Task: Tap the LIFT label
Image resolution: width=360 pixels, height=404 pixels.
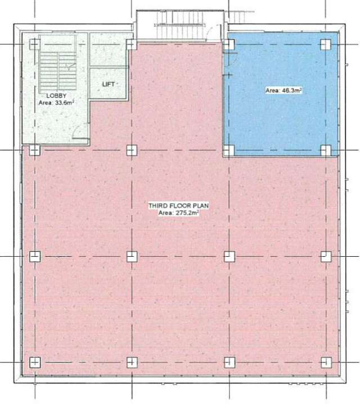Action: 109,84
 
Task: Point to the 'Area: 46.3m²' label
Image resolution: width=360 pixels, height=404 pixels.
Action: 281,89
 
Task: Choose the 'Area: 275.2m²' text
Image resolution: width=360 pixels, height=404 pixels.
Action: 178,214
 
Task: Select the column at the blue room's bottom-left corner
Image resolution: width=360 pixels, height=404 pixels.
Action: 228,149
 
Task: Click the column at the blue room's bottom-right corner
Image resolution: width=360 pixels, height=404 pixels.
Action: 325,149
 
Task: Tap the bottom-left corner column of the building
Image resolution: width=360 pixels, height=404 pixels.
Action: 34,362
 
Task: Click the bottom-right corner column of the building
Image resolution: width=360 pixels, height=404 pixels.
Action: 325,362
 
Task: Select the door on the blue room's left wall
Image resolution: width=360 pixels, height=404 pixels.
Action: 229,59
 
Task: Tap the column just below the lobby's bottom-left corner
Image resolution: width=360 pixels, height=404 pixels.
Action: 34,149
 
